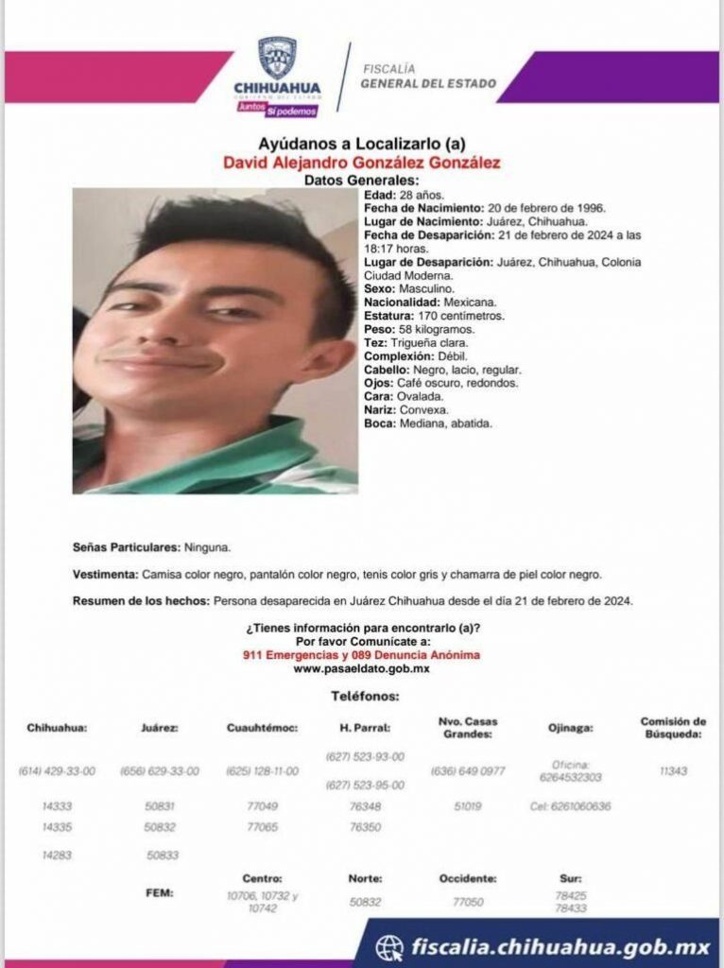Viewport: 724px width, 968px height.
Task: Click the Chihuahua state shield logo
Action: tap(277, 58)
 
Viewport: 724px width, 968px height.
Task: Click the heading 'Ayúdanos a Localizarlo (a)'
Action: tap(361, 144)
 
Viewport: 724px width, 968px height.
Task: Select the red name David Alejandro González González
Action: tap(361, 163)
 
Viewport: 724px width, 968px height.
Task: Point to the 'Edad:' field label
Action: tap(379, 195)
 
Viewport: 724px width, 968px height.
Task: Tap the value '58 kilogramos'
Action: tap(434, 329)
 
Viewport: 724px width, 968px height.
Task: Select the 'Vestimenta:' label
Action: tap(105, 575)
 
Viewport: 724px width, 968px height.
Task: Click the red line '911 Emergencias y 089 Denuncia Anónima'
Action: tap(361, 655)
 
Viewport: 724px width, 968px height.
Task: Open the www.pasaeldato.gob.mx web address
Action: tap(361, 668)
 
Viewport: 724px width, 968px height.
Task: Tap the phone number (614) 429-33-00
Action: tap(57, 771)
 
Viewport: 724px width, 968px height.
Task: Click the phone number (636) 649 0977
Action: tap(468, 771)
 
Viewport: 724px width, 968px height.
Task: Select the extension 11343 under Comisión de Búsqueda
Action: tap(673, 771)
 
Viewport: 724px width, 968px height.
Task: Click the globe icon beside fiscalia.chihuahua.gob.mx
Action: tap(389, 946)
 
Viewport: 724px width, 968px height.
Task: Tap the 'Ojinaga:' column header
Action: tap(572, 729)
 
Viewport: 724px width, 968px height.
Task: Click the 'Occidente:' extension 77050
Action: tap(467, 903)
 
